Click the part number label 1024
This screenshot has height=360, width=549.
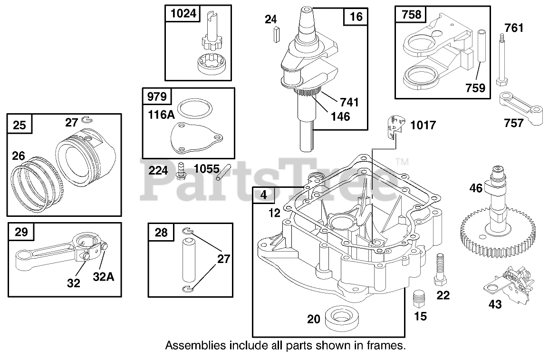point(183,13)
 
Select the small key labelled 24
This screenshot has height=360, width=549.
point(277,34)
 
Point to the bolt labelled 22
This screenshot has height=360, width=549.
point(440,270)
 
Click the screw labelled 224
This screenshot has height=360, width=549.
point(181,171)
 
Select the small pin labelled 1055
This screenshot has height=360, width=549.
point(223,173)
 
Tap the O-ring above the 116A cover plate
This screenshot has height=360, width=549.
point(195,109)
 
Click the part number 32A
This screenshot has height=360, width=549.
point(104,277)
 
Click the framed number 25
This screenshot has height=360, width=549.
point(19,125)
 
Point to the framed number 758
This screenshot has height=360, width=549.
point(412,14)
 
